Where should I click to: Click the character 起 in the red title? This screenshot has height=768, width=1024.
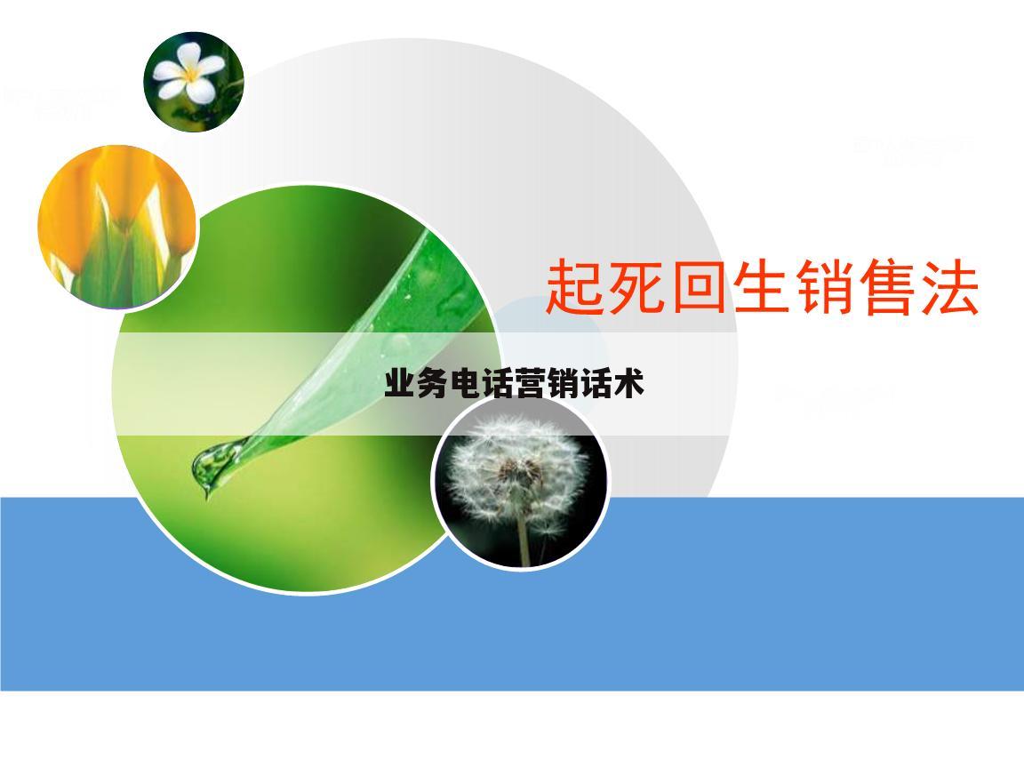[576, 287]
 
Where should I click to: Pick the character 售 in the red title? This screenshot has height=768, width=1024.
[887, 287]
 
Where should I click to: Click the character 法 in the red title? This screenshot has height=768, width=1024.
[949, 287]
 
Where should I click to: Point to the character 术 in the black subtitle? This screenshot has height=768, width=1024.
[628, 384]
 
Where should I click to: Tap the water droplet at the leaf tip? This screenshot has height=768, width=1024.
[206, 467]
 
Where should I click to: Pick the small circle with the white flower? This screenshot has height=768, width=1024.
[194, 82]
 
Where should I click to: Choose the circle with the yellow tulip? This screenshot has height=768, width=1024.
[116, 227]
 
